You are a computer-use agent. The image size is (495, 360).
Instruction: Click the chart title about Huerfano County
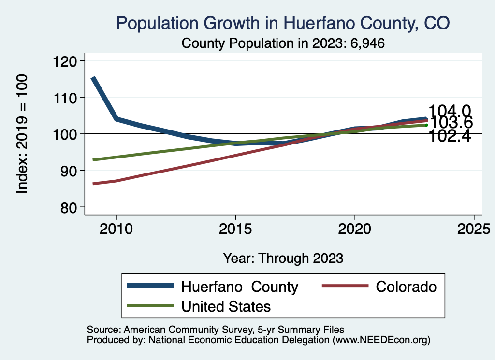tap(283, 23)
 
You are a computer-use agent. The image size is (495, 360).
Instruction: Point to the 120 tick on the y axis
tap(68, 61)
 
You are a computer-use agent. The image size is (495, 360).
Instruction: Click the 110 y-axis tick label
tap(68, 98)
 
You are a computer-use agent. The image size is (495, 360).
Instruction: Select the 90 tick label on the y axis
tap(71, 171)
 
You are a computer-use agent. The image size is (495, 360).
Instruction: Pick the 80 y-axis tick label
tap(71, 207)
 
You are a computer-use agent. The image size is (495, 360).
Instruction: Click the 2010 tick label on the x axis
tap(116, 229)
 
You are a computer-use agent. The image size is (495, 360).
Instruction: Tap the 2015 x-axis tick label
tap(235, 229)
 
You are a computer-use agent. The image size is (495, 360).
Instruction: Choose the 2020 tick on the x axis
tap(355, 229)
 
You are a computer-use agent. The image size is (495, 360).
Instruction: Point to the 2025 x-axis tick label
tap(474, 229)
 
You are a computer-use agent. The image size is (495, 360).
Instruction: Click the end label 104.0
tap(450, 111)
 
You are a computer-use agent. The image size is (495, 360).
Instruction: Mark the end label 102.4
tap(450, 136)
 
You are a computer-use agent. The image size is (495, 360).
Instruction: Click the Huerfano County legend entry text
tap(240, 287)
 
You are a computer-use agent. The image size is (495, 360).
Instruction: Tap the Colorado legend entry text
tap(406, 287)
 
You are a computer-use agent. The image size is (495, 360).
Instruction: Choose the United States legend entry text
tap(226, 306)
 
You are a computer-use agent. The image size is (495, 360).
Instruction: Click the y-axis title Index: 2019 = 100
tap(22, 134)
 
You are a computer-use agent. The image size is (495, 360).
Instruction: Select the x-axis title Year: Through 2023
tap(283, 258)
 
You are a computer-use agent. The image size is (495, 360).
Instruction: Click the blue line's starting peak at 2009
tap(93, 78)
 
